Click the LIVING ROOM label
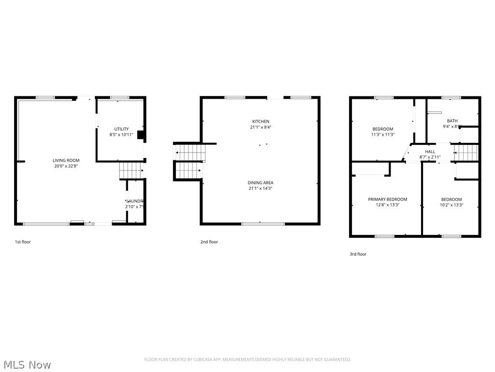66,160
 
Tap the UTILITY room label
122,129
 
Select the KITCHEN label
261,121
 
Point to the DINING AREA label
261,183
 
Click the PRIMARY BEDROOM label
387,199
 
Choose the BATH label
452,121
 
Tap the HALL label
430,152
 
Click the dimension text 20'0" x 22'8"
66,166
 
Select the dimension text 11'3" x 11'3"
382,135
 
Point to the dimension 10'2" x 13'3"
451,205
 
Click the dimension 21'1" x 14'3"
261,188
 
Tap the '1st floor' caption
23,242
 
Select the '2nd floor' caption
209,242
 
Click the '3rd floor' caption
358,254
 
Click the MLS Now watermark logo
26,364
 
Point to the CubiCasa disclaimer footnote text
247,359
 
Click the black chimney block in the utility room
141,135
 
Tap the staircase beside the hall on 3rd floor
466,153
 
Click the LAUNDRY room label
135,201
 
